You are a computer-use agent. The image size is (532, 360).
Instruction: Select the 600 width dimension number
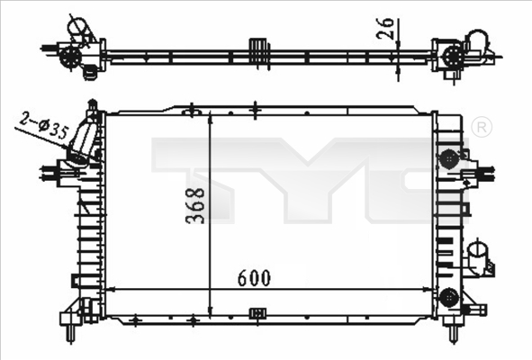coord(253,276)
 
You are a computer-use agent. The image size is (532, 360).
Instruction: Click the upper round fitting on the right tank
coord(448,159)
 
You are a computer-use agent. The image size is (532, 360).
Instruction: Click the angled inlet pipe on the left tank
coord(83,139)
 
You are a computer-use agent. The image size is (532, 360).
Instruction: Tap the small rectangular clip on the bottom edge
coord(258,313)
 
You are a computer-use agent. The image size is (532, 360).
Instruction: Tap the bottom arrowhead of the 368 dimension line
coord(210,306)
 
